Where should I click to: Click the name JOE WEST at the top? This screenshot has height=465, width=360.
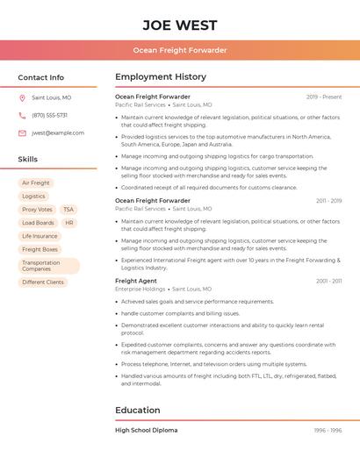click(x=180, y=24)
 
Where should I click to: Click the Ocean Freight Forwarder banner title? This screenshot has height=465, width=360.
click(x=180, y=50)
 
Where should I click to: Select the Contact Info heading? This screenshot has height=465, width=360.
click(x=41, y=77)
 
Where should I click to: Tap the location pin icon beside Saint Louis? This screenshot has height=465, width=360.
click(x=22, y=97)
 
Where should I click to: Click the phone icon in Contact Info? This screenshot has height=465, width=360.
click(x=22, y=115)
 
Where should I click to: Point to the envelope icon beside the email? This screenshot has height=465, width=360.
click(x=22, y=132)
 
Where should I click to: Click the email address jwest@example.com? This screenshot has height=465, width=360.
click(x=58, y=132)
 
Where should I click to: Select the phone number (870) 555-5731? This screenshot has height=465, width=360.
click(x=50, y=115)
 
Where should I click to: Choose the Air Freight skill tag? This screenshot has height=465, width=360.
click(x=36, y=183)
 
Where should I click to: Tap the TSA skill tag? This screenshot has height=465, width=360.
click(x=68, y=210)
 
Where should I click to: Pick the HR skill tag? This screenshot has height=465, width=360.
click(x=69, y=223)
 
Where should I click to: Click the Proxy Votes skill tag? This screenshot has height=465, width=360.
click(x=37, y=210)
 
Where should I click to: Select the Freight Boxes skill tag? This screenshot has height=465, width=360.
click(x=40, y=249)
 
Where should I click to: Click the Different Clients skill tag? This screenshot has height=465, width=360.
click(x=43, y=282)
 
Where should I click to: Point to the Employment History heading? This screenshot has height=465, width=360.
click(x=161, y=77)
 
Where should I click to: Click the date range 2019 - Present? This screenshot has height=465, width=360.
click(x=324, y=97)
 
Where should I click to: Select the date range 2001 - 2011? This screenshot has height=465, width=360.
click(x=329, y=281)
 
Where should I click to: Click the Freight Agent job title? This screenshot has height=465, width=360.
click(x=136, y=281)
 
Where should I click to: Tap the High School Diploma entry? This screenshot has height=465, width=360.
click(x=146, y=430)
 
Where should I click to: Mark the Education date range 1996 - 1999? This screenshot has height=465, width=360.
click(x=328, y=430)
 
